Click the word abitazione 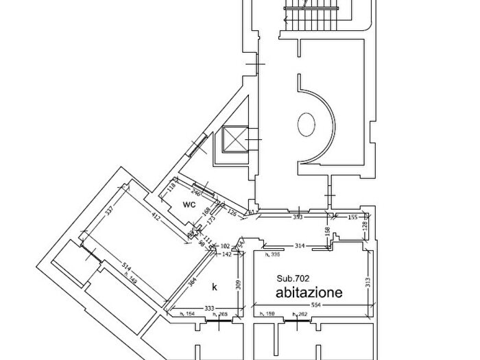309,293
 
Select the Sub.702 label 293,278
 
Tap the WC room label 190,204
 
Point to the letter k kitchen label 214,286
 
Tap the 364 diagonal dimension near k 193,283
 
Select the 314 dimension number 299,245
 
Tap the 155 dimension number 352,217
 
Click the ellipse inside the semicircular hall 305,125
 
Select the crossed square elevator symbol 233,141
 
